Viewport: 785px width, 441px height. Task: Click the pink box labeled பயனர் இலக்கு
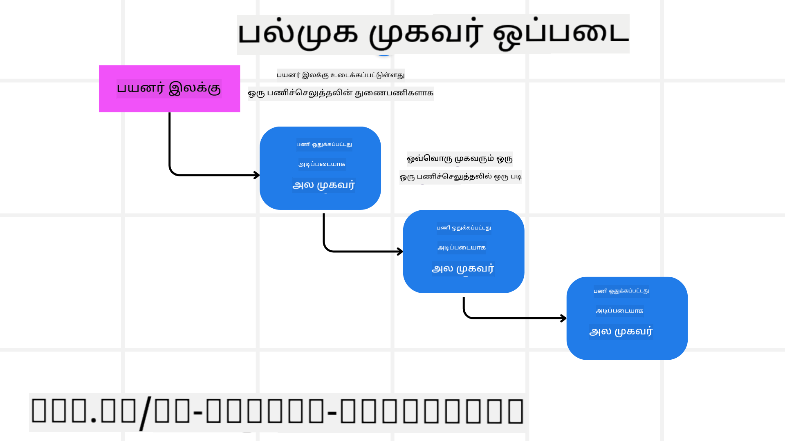(x=169, y=89)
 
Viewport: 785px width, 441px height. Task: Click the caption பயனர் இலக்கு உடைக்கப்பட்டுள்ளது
(x=341, y=75)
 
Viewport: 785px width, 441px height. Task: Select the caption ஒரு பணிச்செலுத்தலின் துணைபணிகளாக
(x=341, y=94)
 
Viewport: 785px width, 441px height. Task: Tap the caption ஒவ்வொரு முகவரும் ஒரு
(x=460, y=158)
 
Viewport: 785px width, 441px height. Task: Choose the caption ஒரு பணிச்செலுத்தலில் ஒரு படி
(x=460, y=177)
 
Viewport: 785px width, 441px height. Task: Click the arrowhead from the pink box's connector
(x=257, y=175)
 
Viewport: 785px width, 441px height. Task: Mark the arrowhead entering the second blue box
(x=400, y=252)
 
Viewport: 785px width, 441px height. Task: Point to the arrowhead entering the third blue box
(x=563, y=318)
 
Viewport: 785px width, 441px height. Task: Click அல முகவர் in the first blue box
(x=323, y=185)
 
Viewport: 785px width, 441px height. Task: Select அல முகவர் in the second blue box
(x=463, y=269)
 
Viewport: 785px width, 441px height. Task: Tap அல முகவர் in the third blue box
(x=621, y=332)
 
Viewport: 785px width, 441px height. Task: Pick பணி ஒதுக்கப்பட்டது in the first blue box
(x=324, y=145)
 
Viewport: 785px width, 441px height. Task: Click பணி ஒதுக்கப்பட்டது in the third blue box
(x=621, y=291)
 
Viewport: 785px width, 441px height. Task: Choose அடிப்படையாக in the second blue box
(x=462, y=248)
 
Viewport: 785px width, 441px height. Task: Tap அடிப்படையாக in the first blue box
(x=322, y=165)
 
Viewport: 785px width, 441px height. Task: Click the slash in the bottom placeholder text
(x=145, y=413)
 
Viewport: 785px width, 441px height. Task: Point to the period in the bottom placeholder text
(x=93, y=420)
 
